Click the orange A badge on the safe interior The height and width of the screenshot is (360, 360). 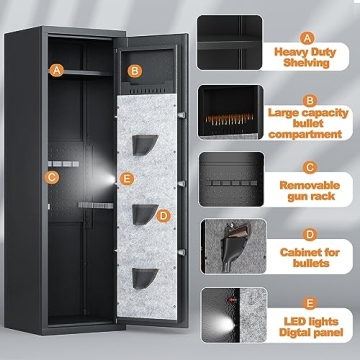point(57,70)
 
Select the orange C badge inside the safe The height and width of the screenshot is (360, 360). point(53,177)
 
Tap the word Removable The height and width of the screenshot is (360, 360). point(310,185)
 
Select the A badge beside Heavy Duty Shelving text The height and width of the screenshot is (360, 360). point(309,19)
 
